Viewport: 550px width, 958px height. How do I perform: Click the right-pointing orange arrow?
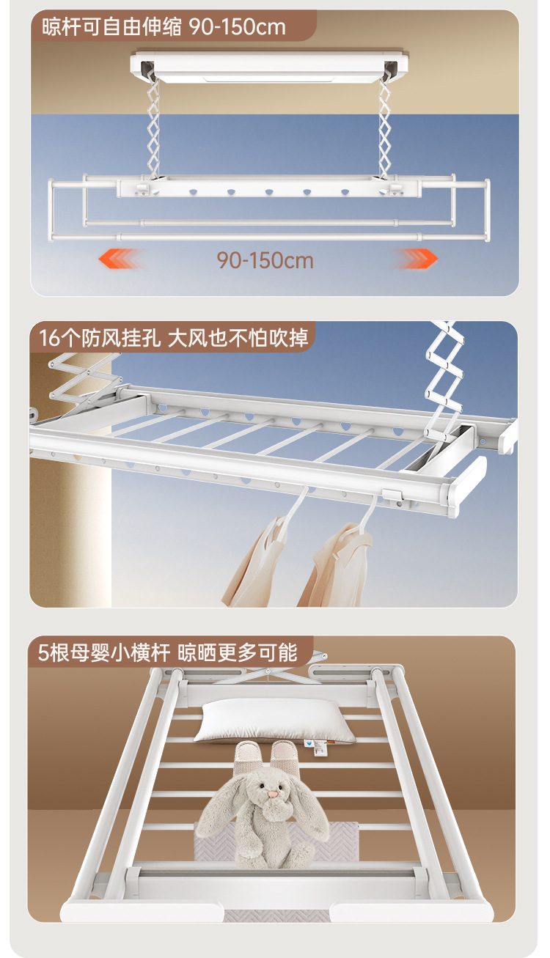[x=417, y=258]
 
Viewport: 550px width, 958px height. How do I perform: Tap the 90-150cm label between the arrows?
[x=265, y=259]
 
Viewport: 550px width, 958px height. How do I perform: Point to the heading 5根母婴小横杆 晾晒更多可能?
[x=168, y=652]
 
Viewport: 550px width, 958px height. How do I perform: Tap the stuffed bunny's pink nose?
[x=272, y=793]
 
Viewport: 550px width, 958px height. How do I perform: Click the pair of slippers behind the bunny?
[x=268, y=754]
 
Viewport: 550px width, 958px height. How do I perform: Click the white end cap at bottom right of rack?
[x=411, y=913]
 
